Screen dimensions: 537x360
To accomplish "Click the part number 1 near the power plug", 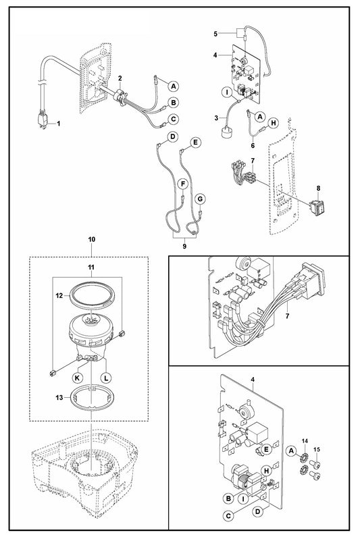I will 58,124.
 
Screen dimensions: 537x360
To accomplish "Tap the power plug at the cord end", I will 43,120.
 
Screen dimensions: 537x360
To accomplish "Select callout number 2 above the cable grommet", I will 120,79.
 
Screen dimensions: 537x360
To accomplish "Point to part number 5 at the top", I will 215,33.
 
